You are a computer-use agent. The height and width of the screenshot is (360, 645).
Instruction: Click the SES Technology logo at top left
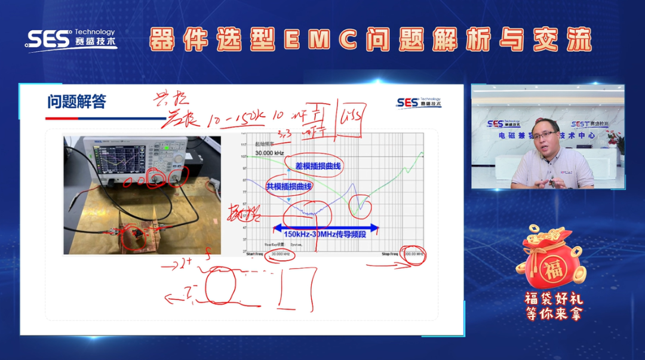click(70, 39)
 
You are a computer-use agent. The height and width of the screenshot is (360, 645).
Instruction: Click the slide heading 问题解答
click(76, 102)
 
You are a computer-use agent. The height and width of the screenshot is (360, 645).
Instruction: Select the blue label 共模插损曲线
click(289, 186)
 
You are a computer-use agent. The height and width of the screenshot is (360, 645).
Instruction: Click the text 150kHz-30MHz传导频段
click(326, 234)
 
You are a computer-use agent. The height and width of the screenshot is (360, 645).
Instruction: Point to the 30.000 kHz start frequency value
click(281, 254)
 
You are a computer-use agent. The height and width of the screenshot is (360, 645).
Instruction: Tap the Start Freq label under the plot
click(254, 254)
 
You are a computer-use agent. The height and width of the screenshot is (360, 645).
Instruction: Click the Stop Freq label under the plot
click(391, 254)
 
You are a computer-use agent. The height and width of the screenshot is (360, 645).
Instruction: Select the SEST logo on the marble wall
click(583, 124)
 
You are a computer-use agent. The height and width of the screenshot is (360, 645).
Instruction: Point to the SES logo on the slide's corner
click(418, 103)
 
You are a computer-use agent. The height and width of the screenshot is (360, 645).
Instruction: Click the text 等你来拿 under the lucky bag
click(552, 313)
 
